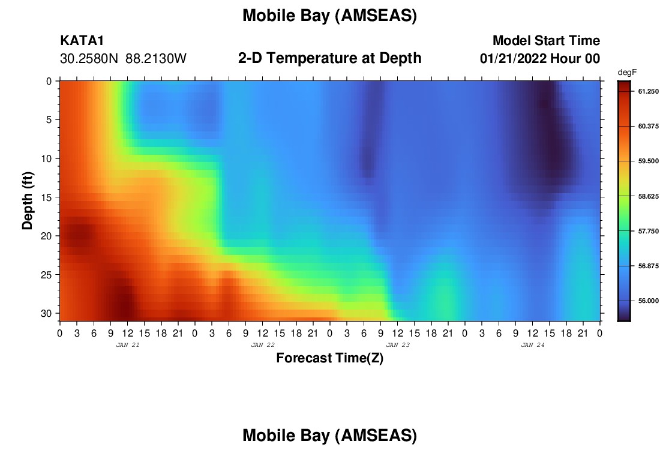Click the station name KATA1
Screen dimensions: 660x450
pyautogui.click(x=82, y=40)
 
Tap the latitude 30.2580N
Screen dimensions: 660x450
pyautogui.click(x=89, y=59)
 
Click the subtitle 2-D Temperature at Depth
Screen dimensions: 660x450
pyautogui.click(x=329, y=58)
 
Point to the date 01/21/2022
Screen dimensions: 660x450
pyautogui.click(x=513, y=59)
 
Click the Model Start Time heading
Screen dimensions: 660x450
pyautogui.click(x=547, y=40)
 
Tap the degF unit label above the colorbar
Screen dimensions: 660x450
pyautogui.click(x=627, y=73)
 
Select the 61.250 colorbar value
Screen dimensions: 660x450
pyautogui.click(x=648, y=91)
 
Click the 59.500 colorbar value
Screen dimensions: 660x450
pyautogui.click(x=648, y=161)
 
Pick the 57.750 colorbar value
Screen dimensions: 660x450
pyautogui.click(x=648, y=231)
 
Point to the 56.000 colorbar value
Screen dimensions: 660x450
pyautogui.click(x=648, y=301)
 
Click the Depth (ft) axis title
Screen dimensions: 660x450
pyautogui.click(x=28, y=201)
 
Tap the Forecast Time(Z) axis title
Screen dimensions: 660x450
pyautogui.click(x=329, y=358)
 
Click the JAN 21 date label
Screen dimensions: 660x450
pyautogui.click(x=128, y=345)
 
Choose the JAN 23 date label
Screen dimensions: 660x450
pyautogui.click(x=398, y=345)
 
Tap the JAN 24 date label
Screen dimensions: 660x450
pyautogui.click(x=533, y=345)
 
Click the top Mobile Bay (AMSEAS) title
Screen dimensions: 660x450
pyautogui.click(x=329, y=16)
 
